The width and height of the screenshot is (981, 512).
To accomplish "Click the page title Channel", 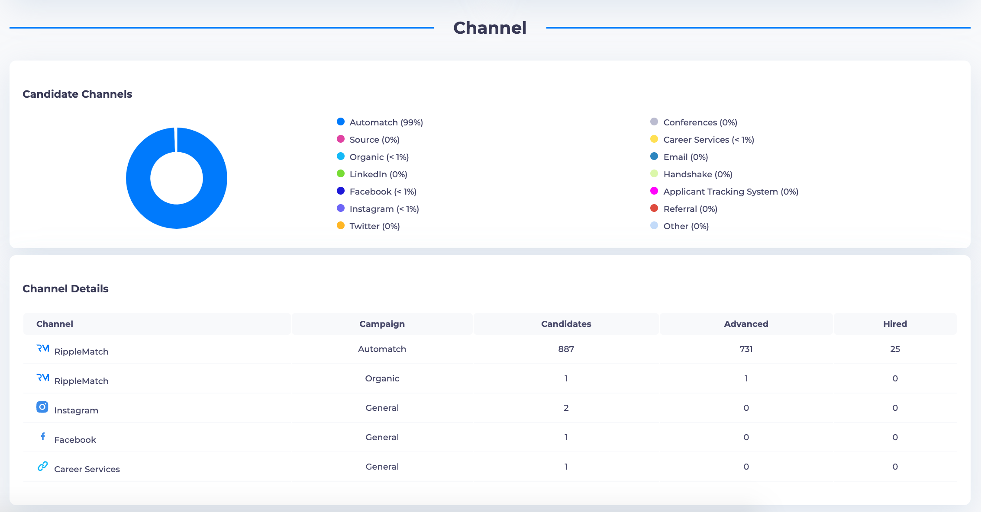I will click(x=490, y=28).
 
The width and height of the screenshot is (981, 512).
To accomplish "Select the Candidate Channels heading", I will click(x=77, y=94).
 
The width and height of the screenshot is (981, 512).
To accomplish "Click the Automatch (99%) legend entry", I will click(x=386, y=122).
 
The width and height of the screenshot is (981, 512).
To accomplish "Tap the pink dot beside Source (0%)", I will click(x=341, y=139).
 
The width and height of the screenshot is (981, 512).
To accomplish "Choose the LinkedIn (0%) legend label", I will click(x=378, y=174).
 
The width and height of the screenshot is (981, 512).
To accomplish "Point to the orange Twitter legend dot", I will click(x=341, y=226).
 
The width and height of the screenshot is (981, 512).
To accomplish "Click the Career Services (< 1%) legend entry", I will click(x=708, y=140).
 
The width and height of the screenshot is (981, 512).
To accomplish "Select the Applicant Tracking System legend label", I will click(x=730, y=192).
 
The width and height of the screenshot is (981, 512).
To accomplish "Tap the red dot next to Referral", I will click(x=654, y=208).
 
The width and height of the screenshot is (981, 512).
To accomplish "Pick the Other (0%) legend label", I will click(x=686, y=226).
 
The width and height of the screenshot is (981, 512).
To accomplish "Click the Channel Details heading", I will click(x=65, y=289).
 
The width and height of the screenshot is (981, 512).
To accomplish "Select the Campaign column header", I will click(x=382, y=324).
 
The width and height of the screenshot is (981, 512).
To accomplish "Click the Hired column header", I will click(x=895, y=324).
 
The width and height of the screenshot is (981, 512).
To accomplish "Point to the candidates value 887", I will click(x=566, y=349).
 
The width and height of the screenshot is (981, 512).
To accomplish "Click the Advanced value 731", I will click(x=746, y=349).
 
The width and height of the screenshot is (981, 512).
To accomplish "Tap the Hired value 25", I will click(x=895, y=349).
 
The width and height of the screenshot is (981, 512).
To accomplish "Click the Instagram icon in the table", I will click(x=42, y=407).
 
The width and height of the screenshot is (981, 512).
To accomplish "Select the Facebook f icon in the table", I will click(x=43, y=436).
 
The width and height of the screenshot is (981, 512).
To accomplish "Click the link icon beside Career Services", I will click(x=42, y=466).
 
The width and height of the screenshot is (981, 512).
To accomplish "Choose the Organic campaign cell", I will click(x=382, y=378).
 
